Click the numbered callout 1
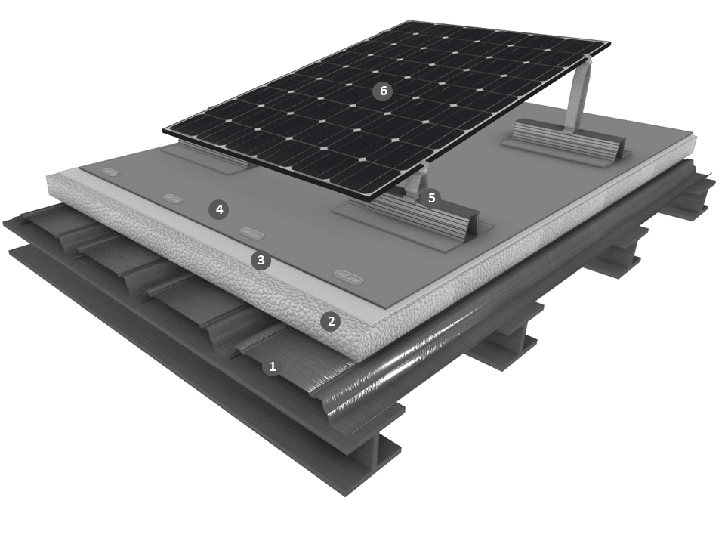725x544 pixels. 273,367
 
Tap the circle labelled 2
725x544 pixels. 331,321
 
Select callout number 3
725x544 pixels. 261,260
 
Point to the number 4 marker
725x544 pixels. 219,209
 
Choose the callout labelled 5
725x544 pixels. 431,198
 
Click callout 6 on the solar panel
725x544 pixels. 383,91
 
